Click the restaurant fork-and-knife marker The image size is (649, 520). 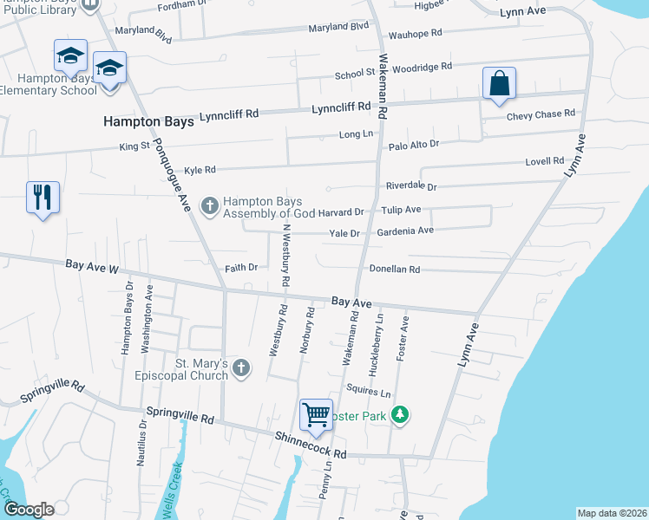(x=43, y=198)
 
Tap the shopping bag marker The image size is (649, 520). (x=499, y=84)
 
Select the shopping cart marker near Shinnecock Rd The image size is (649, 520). (x=316, y=414)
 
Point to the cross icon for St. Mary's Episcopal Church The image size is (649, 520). (x=241, y=369)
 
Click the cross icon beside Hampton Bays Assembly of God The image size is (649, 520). (x=209, y=205)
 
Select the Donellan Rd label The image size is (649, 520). (x=395, y=270)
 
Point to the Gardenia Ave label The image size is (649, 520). (x=404, y=231)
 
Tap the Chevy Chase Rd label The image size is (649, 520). (x=541, y=114)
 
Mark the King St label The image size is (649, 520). (x=134, y=147)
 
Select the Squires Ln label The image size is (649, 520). (x=363, y=392)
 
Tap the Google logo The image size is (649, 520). (x=29, y=509)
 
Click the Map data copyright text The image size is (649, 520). (x=612, y=512)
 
